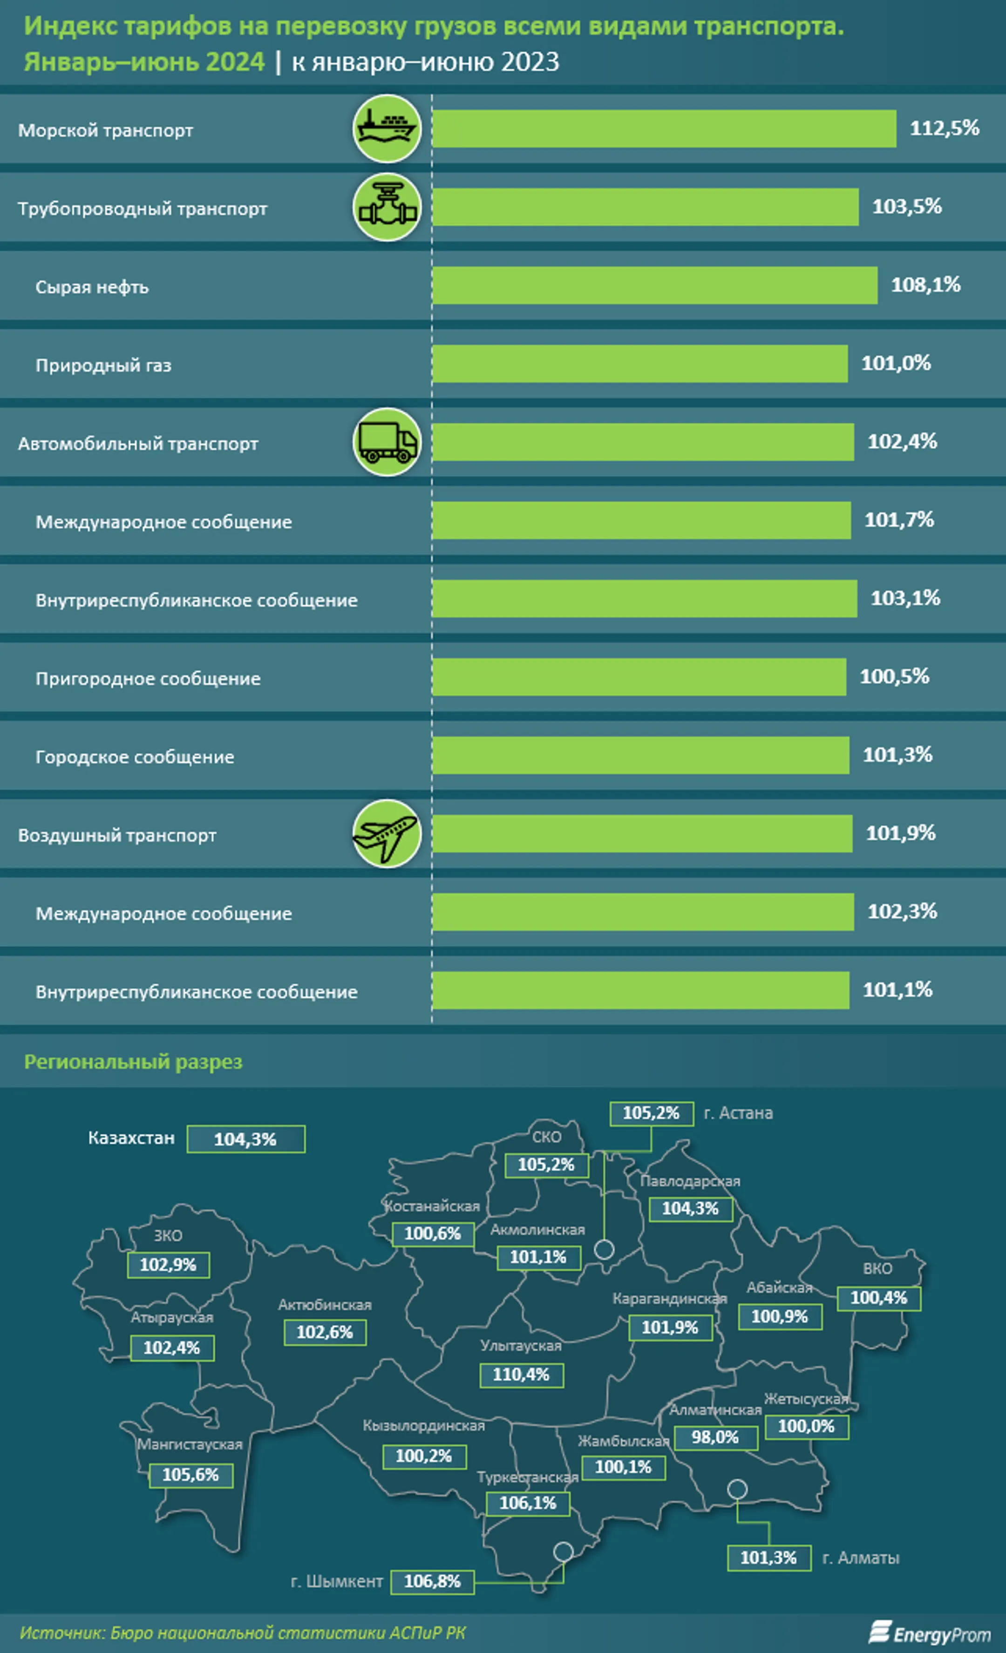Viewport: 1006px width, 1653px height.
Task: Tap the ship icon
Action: point(387,128)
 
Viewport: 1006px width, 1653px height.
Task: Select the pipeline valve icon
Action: point(387,207)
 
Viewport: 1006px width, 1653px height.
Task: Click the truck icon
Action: point(387,442)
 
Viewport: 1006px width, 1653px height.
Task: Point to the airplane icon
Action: point(387,833)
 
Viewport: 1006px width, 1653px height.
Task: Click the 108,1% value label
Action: point(925,285)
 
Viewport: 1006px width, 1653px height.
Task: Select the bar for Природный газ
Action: point(639,364)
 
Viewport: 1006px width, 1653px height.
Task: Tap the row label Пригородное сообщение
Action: point(148,678)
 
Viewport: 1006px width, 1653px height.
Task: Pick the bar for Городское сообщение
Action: point(640,755)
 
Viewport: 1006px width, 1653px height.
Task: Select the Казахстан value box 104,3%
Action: point(245,1139)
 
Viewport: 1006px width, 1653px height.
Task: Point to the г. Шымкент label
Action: point(337,1581)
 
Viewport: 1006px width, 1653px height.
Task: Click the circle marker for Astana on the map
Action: point(605,1249)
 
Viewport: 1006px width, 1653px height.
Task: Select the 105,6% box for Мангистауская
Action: point(190,1475)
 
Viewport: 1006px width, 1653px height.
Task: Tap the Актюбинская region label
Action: point(325,1305)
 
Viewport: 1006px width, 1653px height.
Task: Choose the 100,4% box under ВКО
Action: point(878,1298)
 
